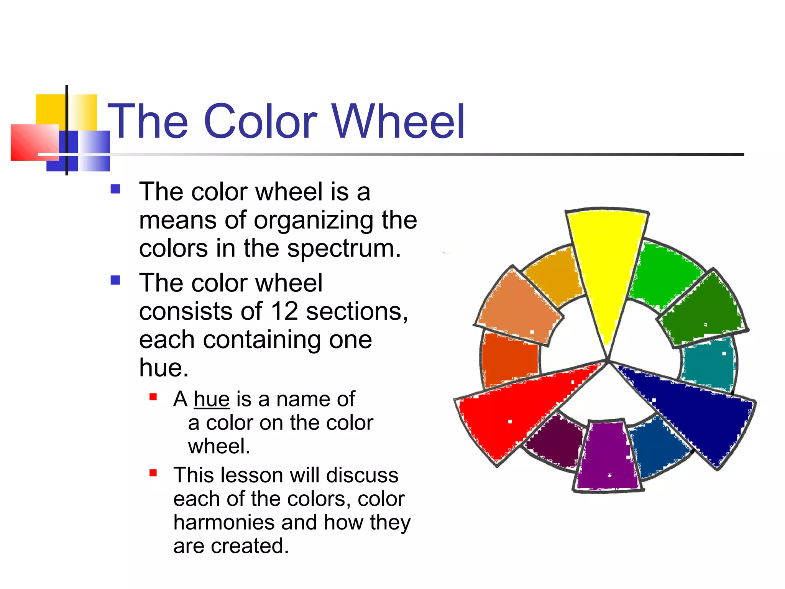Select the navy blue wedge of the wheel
701,414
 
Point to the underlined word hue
212,399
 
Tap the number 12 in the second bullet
284,311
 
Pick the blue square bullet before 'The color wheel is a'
115,189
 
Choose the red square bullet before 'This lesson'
153,473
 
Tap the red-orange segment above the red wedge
510,359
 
